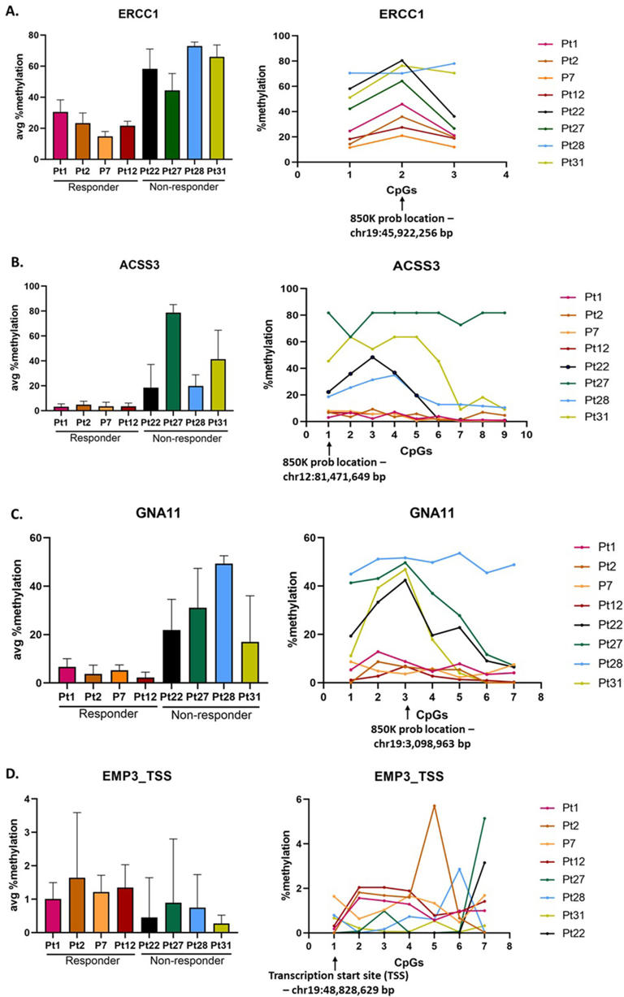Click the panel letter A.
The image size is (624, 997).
[11, 10]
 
